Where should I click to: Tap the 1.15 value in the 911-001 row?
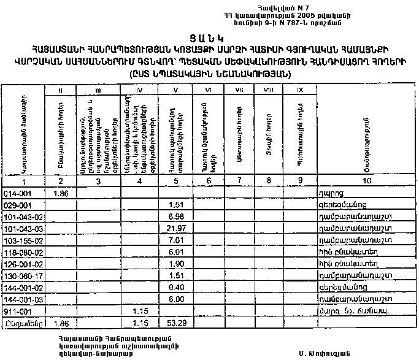pos(140,310)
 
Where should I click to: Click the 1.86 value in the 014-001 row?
pos(60,194)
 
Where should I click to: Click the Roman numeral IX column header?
pos(300,91)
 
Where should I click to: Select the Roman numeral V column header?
pos(175,91)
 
